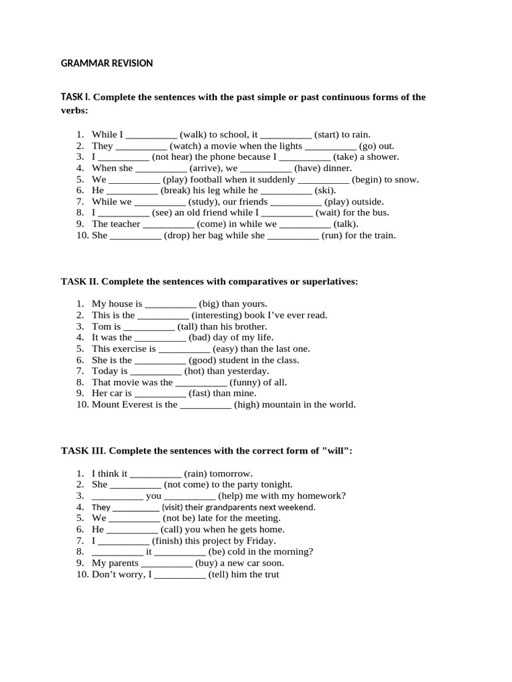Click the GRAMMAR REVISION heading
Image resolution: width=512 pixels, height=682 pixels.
point(107,63)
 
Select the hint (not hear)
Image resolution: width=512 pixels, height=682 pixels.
point(175,157)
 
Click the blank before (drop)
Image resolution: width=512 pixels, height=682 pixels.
point(135,236)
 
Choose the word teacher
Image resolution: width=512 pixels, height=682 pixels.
point(125,224)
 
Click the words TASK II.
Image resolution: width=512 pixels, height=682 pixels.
point(79,282)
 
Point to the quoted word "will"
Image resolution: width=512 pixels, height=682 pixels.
point(337,451)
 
